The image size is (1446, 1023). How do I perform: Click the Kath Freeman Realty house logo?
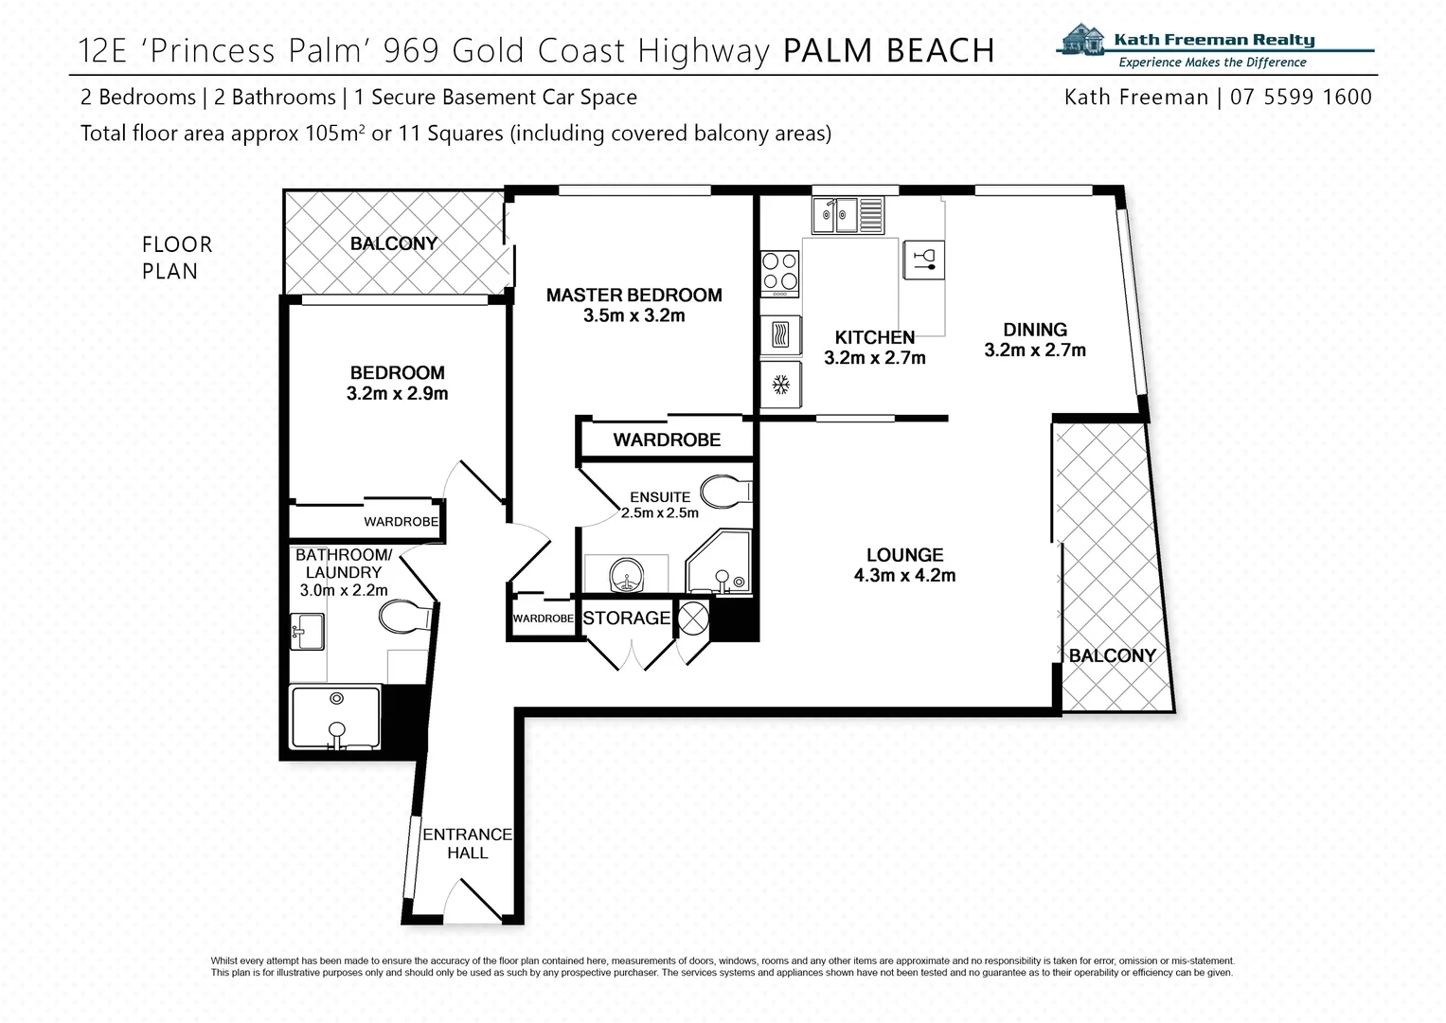(1083, 43)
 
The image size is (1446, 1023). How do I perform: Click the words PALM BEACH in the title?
(889, 50)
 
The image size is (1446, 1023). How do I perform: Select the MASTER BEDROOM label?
(634, 296)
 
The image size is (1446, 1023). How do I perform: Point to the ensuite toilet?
(724, 493)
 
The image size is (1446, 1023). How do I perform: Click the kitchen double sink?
(848, 214)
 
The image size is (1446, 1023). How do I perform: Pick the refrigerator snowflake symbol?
(781, 385)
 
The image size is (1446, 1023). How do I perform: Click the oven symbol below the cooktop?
(781, 335)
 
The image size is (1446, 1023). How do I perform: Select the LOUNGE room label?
(904, 556)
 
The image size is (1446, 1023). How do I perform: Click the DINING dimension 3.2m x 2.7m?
(1034, 350)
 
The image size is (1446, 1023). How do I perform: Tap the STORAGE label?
(626, 619)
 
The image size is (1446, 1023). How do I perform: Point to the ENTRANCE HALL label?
(467, 843)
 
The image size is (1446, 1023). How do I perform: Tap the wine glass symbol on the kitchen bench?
(923, 257)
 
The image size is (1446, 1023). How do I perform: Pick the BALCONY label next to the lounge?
(1112, 655)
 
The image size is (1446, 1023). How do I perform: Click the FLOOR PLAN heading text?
(176, 258)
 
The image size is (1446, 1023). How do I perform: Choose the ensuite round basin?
(624, 575)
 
